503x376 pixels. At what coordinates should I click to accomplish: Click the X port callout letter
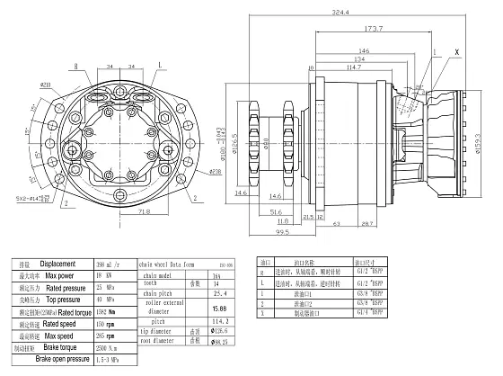(456, 53)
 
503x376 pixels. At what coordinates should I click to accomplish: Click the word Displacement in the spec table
(57, 264)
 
